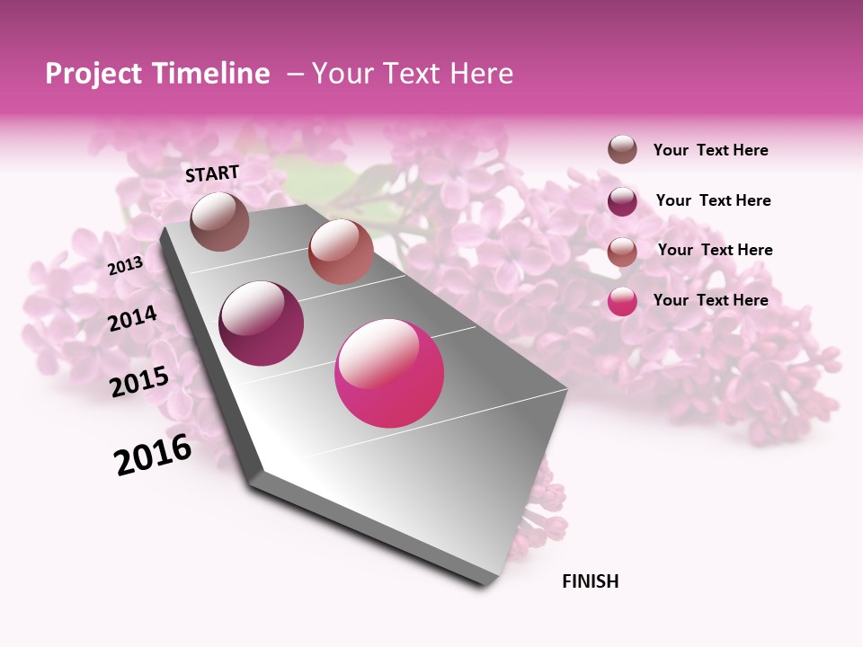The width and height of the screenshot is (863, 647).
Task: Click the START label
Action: pyautogui.click(x=212, y=173)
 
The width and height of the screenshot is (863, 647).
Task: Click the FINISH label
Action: pyautogui.click(x=590, y=581)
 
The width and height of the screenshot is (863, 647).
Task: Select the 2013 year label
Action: pyautogui.click(x=125, y=265)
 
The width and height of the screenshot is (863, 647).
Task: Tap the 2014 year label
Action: pyautogui.click(x=132, y=318)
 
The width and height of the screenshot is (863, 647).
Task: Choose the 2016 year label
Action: pyautogui.click(x=153, y=455)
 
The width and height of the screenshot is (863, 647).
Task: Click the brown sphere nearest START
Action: pyautogui.click(x=219, y=221)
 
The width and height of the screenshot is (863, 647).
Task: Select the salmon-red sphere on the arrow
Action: pyautogui.click(x=341, y=252)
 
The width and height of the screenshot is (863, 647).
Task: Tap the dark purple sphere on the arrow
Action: pyautogui.click(x=262, y=323)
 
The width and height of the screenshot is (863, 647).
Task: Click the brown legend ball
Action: pyautogui.click(x=622, y=150)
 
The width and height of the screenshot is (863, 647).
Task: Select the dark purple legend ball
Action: pyautogui.click(x=622, y=200)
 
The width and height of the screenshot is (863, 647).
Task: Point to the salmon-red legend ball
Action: pyautogui.click(x=622, y=251)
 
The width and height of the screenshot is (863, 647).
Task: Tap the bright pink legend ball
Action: pyautogui.click(x=622, y=301)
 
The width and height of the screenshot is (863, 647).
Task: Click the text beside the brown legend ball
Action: pyautogui.click(x=710, y=150)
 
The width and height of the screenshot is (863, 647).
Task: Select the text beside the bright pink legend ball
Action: pyautogui.click(x=710, y=300)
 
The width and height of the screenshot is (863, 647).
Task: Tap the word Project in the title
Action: pyautogui.click(x=94, y=74)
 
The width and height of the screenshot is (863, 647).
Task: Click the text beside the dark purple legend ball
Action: pyautogui.click(x=713, y=200)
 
